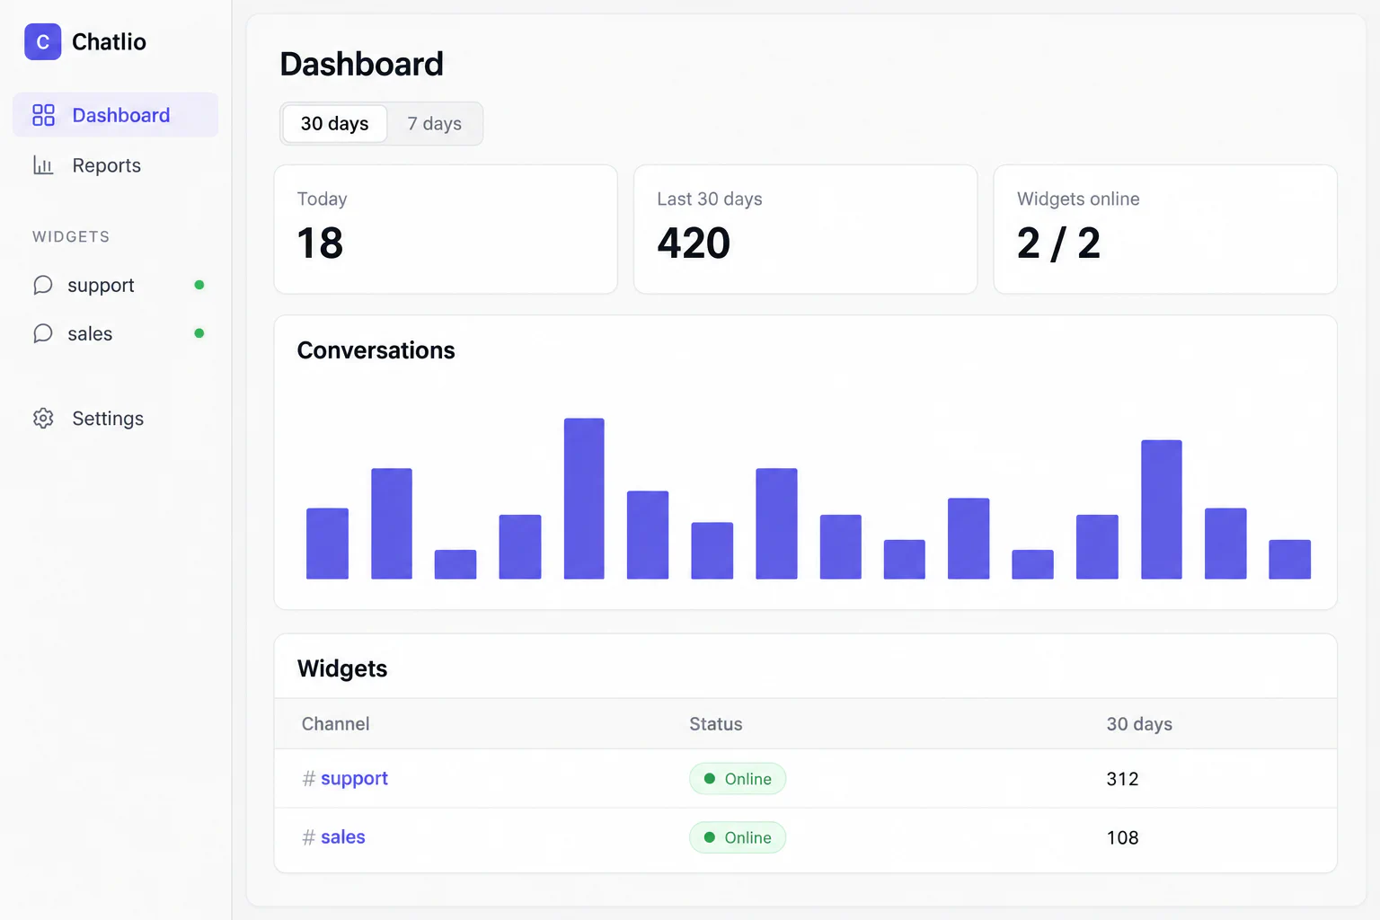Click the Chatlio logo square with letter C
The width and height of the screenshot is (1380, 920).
point(42,42)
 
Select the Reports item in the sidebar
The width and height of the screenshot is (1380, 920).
point(106,165)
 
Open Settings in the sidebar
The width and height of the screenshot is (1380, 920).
point(108,419)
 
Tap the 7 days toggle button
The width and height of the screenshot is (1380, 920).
point(434,123)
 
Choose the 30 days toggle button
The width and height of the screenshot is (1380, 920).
point(334,123)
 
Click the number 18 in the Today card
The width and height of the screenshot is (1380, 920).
point(320,243)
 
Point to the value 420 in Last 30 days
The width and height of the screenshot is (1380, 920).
point(694,243)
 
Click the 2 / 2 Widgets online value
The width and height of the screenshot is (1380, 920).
point(1058,243)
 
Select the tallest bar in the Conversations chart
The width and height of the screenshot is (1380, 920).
point(584,499)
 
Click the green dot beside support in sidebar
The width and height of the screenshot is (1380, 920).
point(199,285)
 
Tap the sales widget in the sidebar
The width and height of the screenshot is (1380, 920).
point(90,333)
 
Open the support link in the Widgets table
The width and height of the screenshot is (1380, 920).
point(354,778)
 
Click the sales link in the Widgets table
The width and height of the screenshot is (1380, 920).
point(343,836)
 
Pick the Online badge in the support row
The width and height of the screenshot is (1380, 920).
point(738,779)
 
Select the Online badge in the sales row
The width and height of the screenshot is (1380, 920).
point(738,837)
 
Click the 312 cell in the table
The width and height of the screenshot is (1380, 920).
point(1122,779)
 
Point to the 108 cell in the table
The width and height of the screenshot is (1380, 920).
point(1122,837)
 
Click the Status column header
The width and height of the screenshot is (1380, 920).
point(716,724)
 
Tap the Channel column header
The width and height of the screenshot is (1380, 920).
point(336,724)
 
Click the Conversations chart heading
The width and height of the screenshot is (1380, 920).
point(376,350)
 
